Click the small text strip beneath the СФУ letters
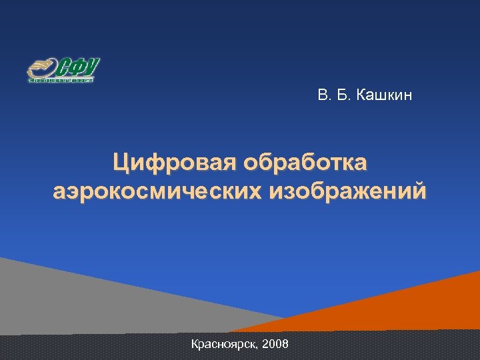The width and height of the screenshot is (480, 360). (61, 80)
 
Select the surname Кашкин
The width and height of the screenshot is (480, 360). (385, 97)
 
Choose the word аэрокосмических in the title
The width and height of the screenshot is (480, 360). (157, 192)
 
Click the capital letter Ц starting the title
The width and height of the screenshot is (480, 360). (120, 163)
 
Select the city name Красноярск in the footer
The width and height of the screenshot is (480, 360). (225, 345)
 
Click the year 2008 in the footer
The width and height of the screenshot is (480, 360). (276, 345)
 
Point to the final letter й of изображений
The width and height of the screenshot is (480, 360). (418, 191)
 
